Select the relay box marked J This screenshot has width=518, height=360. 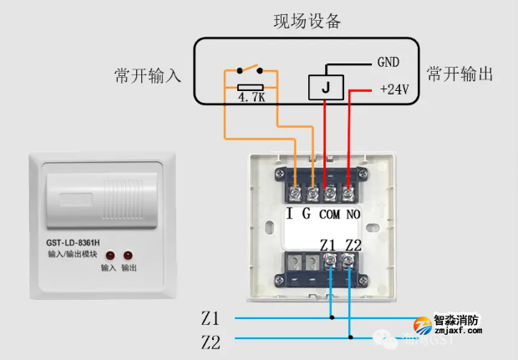coord(324,87)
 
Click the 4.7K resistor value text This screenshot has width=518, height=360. coord(251,98)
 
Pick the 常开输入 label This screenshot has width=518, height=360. coord(147,76)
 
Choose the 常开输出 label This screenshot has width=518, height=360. coord(460,74)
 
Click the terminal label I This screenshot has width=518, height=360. coord(290,214)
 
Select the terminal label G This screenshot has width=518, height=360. coord(307,214)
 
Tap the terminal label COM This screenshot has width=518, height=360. coord(329,215)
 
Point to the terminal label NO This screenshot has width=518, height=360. coord(353,215)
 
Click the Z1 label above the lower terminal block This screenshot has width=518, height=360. coord(328,245)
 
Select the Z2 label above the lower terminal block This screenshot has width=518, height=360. coord(353,245)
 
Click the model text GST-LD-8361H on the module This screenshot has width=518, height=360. coord(79,245)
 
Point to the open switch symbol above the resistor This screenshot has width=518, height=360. coord(250,69)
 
